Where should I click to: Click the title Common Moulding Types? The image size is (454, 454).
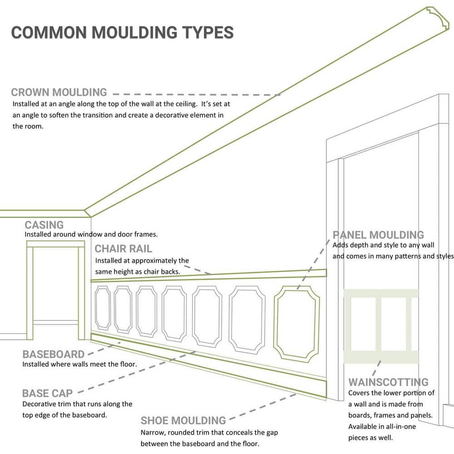pyautogui.click(x=122, y=33)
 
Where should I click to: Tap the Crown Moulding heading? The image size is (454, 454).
pyautogui.click(x=59, y=93)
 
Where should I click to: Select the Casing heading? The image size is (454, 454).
pyautogui.click(x=44, y=225)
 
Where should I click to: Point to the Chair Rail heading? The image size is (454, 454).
pyautogui.click(x=123, y=249)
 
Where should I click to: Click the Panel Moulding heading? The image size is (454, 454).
pyautogui.click(x=378, y=235)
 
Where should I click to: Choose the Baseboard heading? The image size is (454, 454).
pyautogui.click(x=54, y=354)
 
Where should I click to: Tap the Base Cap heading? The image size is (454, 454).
pyautogui.click(x=47, y=393)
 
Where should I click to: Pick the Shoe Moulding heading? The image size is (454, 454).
pyautogui.click(x=183, y=420)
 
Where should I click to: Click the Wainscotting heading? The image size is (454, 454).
pyautogui.click(x=388, y=382)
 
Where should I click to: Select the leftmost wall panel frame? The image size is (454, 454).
pyautogui.click(x=103, y=308)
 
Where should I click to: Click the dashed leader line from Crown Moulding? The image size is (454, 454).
pyautogui.click(x=195, y=94)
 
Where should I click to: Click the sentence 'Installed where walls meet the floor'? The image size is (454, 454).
pyautogui.click(x=79, y=364)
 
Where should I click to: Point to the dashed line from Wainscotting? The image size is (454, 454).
pyautogui.click(x=376, y=367)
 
